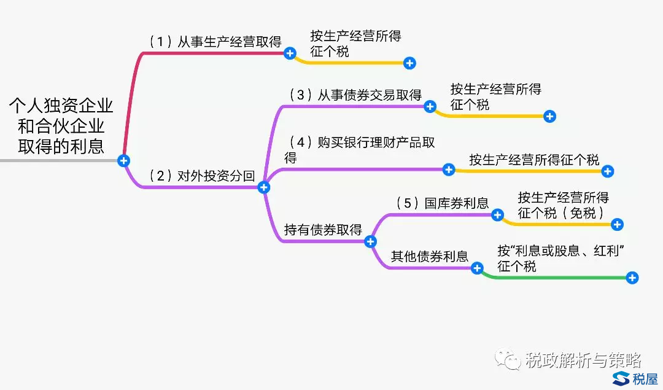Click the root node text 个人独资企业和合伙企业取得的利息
61,126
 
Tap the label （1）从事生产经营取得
215,42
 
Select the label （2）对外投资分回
202,176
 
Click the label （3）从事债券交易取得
355,95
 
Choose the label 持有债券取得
323,230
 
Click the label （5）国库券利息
442,203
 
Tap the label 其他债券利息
430,256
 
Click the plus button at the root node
124,161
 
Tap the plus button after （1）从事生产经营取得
290,53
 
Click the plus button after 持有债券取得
370,241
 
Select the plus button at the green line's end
632,278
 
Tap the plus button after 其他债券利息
477,268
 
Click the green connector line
552,278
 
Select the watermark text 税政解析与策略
583,360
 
